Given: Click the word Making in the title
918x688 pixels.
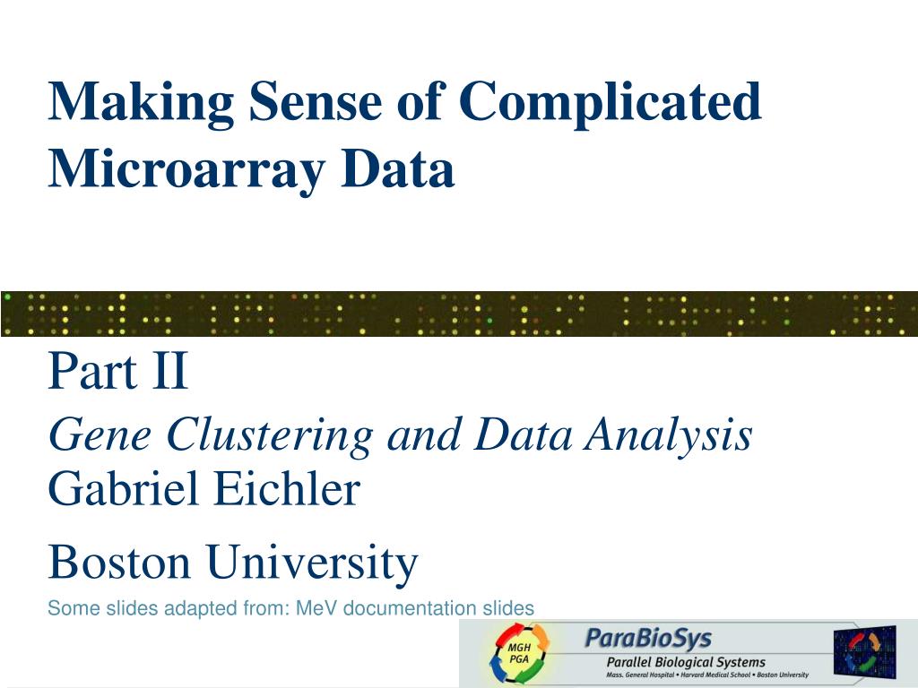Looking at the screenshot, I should pos(140,103).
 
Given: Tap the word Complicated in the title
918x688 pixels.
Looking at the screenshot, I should pos(611,103).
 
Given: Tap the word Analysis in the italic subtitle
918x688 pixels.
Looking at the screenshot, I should pos(669,436).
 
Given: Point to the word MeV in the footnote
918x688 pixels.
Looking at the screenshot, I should pos(317,608).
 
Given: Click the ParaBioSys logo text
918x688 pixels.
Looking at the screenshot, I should pos(648,639).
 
